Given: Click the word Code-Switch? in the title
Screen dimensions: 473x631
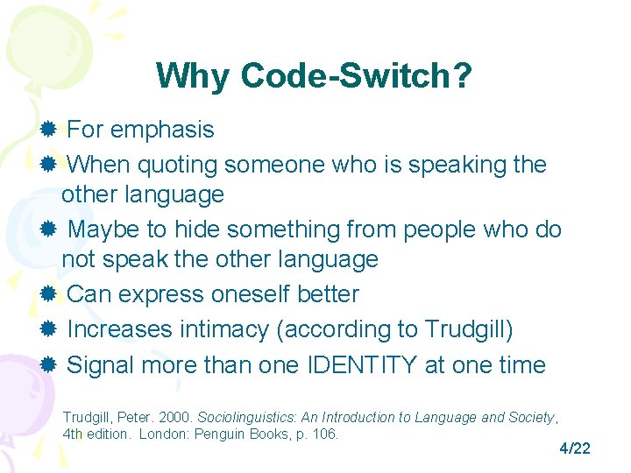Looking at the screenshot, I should [356, 76].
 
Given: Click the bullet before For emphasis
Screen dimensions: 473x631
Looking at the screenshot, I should [49, 130].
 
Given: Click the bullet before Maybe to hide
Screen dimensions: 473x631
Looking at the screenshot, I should [49, 229].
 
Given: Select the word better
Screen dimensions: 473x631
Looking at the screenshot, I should [328, 294].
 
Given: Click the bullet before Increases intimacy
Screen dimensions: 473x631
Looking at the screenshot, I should [49, 329].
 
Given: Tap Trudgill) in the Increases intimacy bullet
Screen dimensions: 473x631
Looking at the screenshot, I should [469, 329].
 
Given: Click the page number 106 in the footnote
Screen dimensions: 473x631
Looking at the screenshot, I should [325, 434].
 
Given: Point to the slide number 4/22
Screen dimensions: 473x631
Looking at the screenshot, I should [575, 448].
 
